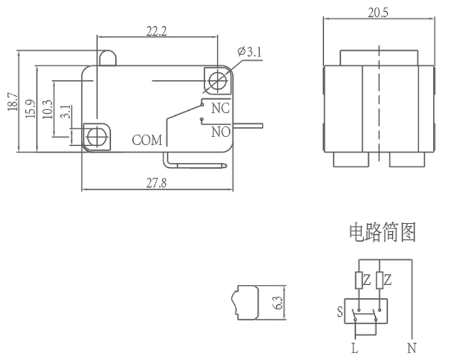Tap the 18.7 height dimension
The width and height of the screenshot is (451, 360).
coord(11,101)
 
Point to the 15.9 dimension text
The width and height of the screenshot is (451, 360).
coord(29,108)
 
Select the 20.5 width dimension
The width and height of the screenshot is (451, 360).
coord(379,13)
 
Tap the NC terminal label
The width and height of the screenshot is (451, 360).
coord(220,108)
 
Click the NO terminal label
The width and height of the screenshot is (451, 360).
coord(220,131)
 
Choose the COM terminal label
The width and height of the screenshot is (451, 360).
coord(147,140)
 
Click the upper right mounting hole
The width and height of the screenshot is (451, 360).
coord(217,80)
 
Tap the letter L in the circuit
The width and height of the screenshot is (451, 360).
coord(355,349)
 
